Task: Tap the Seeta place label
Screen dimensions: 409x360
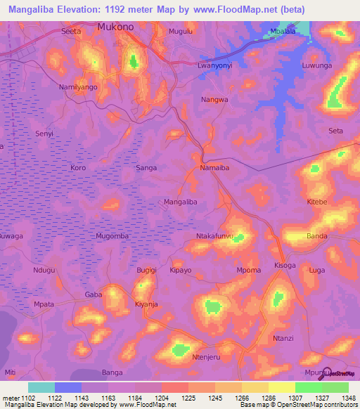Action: pos(72,32)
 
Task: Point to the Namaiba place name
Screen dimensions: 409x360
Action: pos(215,168)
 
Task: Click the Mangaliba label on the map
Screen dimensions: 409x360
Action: pos(181,202)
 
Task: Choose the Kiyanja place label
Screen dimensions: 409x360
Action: pos(148,304)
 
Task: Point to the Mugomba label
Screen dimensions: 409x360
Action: pos(112,236)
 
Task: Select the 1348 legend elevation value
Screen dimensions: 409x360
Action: pos(339,398)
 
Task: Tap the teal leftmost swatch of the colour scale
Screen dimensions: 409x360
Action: pos(41,387)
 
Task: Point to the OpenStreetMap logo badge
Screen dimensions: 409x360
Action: pos(340,373)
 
